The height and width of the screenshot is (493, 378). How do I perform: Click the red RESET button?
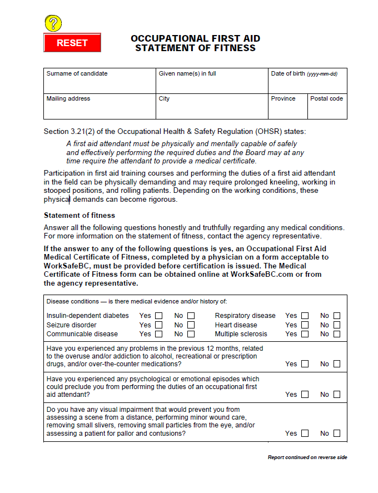[72, 43]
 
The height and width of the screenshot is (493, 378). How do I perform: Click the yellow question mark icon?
[53, 23]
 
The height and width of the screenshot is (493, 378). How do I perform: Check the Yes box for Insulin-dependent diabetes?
[159, 316]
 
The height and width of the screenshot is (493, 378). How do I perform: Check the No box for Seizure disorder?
[191, 325]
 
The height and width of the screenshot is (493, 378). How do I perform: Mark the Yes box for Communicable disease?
[159, 334]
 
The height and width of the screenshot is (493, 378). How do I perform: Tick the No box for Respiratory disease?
[337, 316]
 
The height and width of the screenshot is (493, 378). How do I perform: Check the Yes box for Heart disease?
[305, 325]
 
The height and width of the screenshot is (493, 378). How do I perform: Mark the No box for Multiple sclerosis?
[337, 334]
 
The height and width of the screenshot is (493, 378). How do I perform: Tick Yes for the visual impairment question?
[305, 434]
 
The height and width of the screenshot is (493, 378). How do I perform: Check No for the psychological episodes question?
[337, 395]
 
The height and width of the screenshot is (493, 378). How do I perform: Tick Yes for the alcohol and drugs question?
[305, 364]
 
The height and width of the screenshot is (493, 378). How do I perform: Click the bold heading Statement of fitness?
[79, 215]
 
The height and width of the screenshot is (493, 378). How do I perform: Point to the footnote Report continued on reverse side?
[307, 457]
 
